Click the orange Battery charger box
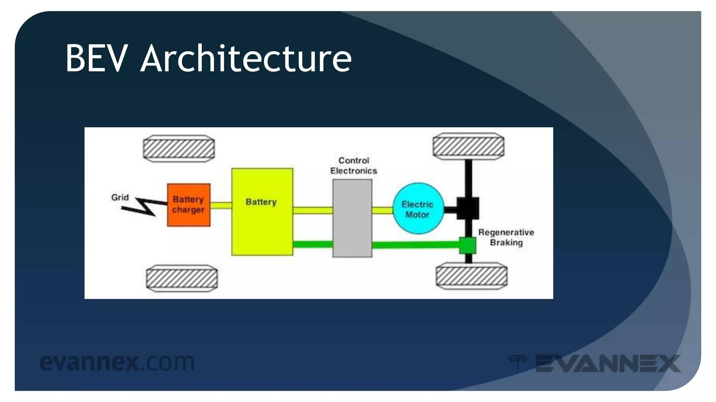[189, 205]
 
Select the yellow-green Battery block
[262, 223]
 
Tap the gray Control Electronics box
[352, 218]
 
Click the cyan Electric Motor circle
[418, 209]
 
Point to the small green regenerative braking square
[467, 245]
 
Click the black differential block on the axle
[468, 208]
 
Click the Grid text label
[120, 198]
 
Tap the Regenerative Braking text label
[506, 237]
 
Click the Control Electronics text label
[353, 166]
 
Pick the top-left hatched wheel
[179, 149]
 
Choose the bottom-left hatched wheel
[182, 278]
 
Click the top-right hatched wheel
[468, 146]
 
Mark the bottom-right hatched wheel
[471, 276]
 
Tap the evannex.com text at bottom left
[117, 362]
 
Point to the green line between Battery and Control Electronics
[313, 244]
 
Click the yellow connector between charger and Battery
[221, 206]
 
